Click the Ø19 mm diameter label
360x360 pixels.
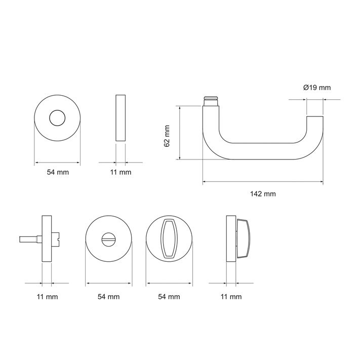coord(317,88)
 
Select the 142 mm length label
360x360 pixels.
coord(263,194)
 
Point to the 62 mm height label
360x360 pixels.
coord(167,136)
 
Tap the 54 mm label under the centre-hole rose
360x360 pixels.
coord(58,172)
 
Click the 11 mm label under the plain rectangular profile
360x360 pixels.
coord(121,172)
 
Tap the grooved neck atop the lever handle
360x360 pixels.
coord(211,101)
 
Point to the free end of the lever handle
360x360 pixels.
coord(315,117)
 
